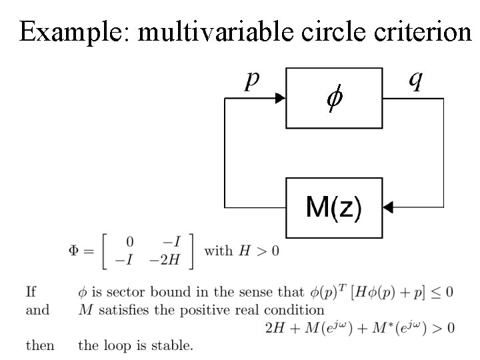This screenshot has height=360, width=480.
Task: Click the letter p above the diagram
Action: point(251,81)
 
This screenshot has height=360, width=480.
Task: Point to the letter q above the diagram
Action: point(415,81)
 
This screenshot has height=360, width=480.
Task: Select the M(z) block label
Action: point(334,208)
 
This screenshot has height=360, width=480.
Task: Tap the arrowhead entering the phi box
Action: point(279,99)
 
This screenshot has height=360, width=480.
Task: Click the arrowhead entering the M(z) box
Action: point(389,208)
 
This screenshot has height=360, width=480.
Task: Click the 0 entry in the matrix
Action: point(129,241)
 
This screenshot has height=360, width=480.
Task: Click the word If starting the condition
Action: point(31,291)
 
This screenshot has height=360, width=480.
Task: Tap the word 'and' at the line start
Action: point(37,309)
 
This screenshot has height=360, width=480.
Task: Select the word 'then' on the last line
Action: point(40,345)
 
